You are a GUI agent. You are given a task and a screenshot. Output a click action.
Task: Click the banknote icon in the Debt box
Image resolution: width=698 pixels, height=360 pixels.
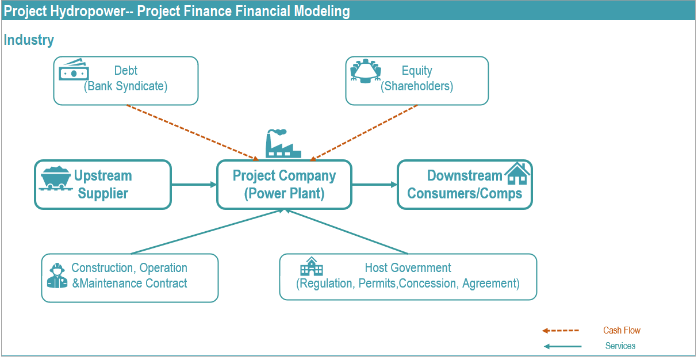74,69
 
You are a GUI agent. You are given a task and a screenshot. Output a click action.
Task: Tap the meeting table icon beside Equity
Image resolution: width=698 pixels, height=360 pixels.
366,71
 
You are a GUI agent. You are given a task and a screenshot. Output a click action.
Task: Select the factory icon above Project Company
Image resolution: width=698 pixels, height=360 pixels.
283,143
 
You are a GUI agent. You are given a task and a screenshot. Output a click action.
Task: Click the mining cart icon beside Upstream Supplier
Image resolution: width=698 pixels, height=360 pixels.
55,178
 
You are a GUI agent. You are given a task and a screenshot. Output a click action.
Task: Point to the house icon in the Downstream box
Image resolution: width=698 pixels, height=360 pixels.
517,173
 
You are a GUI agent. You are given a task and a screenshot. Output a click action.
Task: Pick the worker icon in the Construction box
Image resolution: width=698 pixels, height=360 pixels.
57,275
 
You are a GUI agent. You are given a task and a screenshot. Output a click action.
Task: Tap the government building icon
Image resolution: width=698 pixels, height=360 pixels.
311,266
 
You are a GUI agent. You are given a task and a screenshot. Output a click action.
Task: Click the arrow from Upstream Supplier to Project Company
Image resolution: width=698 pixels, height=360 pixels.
194,185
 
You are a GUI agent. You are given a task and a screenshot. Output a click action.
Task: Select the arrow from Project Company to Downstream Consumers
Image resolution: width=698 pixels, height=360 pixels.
374,185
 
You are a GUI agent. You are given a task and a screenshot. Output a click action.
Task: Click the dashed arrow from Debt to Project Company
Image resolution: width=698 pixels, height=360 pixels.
193,133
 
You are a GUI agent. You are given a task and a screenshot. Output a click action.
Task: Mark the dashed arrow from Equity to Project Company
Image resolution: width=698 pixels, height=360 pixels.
363,133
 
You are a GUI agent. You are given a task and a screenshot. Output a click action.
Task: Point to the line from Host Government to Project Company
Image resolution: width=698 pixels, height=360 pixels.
346,232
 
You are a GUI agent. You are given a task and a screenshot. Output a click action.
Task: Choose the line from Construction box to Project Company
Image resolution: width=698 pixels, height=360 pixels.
207,232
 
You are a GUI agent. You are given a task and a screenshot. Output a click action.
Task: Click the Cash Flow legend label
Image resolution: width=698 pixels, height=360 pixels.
622,331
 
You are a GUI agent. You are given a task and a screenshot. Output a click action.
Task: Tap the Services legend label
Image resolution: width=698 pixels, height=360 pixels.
620,346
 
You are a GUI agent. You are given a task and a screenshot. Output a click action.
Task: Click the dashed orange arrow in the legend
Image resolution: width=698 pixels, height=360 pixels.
560,331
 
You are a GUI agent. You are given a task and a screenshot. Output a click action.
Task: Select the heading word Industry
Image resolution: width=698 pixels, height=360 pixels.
29,40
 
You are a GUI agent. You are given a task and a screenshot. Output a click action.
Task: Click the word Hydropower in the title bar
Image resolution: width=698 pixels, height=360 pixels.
87,12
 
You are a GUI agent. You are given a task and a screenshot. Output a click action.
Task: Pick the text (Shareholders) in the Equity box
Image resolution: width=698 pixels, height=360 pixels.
417,86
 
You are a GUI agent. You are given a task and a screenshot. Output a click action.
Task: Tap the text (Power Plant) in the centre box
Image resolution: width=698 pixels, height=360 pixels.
284,194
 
